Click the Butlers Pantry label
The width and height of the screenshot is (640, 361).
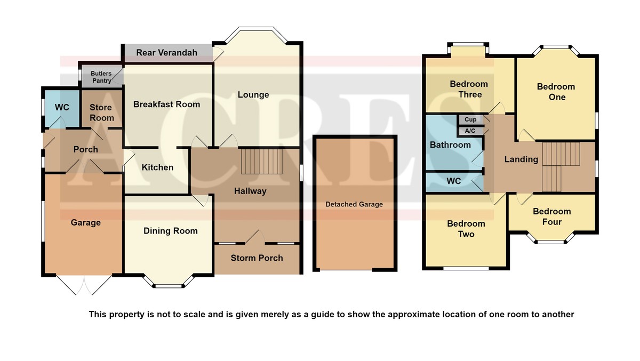pos(101,77)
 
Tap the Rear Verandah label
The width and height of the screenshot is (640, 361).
pos(166,53)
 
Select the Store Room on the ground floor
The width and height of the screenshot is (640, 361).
pos(102,109)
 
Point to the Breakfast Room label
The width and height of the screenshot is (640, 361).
pos(166,104)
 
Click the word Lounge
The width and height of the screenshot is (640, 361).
pos(253,94)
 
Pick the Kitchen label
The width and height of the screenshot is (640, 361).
pos(157,167)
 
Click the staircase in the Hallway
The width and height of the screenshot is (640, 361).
pos(262,162)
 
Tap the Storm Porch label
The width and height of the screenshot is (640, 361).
pos(257,258)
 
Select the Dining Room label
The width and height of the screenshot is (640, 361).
pos(171,231)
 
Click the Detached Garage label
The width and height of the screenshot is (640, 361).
pos(354,204)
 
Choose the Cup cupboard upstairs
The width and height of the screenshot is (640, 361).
pos(470,119)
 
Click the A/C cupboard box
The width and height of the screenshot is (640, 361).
pos(470,131)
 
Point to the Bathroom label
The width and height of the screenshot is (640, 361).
pos(450,145)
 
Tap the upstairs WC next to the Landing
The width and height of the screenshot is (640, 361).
pos(454,182)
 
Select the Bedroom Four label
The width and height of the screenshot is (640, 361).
pos(552,216)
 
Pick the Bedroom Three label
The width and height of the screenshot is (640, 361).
pos(469,89)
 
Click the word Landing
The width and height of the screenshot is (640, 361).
pos(521,159)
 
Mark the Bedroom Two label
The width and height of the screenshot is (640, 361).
pos(466,229)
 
